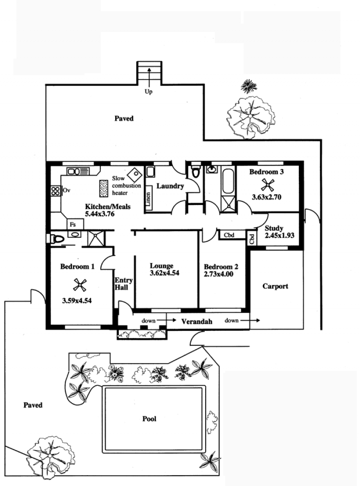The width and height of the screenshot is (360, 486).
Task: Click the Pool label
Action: pos(149,419)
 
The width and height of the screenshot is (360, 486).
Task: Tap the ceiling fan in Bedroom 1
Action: pos(80,285)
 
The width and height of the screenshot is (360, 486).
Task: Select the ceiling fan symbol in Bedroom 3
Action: pos(267,185)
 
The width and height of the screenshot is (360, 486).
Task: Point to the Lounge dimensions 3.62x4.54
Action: pos(165,273)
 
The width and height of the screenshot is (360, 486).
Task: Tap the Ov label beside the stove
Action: pos(67,190)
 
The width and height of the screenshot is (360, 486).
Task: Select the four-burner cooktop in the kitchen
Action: pos(55,191)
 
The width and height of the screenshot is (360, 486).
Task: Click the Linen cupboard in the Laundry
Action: pos(148,198)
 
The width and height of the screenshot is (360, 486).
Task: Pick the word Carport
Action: pos(275,286)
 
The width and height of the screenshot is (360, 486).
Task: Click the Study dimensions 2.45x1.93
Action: pos(279,235)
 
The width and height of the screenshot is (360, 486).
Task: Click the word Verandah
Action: pos(197,321)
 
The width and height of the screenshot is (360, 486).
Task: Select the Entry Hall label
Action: pos(123,284)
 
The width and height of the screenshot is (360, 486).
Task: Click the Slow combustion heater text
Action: pos(126,185)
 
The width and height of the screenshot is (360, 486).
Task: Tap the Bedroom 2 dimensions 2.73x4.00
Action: pos(219,274)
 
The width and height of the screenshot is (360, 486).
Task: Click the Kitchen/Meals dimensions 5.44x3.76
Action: pos(99,214)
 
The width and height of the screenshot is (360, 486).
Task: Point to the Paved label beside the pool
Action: pos(33,405)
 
